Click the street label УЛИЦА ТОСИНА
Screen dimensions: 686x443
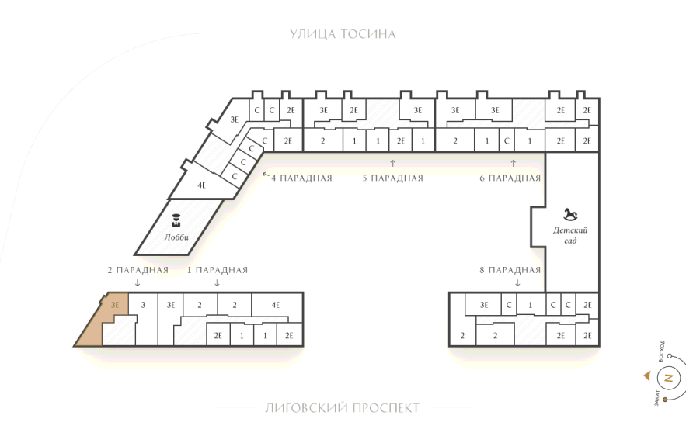(x=343, y=34)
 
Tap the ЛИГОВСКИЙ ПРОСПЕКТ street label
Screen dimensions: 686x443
(x=342, y=408)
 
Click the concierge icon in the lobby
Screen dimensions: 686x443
(x=176, y=220)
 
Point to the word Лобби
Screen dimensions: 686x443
(x=176, y=237)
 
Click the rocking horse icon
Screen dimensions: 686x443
(x=570, y=214)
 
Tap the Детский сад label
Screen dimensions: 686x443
(x=570, y=235)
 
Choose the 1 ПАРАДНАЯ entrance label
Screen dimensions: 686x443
(x=218, y=270)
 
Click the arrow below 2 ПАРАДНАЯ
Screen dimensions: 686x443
(x=138, y=282)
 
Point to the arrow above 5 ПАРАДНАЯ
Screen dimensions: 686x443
(x=392, y=164)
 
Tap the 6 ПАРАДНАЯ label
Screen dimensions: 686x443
(x=510, y=178)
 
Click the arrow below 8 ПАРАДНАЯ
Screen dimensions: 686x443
(x=518, y=282)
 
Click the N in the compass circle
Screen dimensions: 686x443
(x=668, y=378)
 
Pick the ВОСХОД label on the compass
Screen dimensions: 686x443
(x=661, y=351)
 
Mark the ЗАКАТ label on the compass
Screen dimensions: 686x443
(x=656, y=398)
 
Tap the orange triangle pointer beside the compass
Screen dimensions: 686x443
(x=647, y=376)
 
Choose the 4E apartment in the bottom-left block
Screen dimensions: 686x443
(x=276, y=305)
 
